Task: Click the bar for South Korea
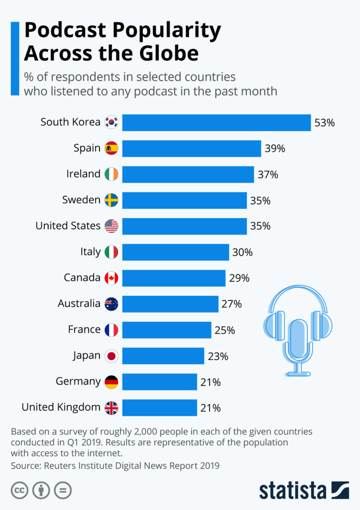click(217, 122)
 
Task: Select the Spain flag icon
click(112, 148)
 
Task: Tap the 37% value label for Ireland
click(268, 174)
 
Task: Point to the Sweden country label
click(81, 200)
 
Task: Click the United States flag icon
click(112, 226)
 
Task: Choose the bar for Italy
click(175, 252)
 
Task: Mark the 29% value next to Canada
click(239, 278)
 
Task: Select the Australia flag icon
click(112, 304)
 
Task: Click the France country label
click(84, 329)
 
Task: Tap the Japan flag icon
click(112, 356)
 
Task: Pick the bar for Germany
click(159, 382)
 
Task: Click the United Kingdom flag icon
click(112, 408)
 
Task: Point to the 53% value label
click(324, 122)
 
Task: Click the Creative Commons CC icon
click(19, 490)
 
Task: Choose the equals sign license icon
click(63, 490)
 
